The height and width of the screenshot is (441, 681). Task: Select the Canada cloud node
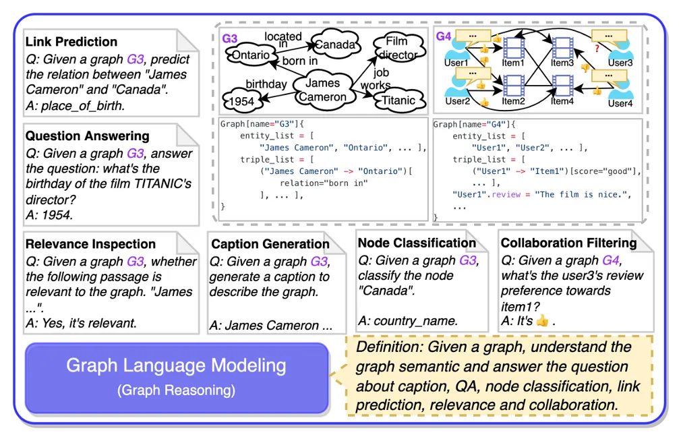tap(335, 45)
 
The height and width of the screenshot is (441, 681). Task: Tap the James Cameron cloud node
tap(322, 90)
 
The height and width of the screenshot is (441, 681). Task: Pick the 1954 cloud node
tap(241, 100)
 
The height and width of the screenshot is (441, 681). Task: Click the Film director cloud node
tap(399, 48)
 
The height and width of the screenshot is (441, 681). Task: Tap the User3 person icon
tap(622, 50)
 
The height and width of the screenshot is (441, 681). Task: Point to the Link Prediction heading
tap(71, 42)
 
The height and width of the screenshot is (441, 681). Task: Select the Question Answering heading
tap(86, 136)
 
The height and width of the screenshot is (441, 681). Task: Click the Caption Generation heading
tap(270, 243)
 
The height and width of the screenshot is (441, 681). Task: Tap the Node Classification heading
tap(417, 243)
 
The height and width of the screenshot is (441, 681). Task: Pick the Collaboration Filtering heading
tap(568, 243)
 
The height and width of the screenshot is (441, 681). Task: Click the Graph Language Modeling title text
tap(176, 366)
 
